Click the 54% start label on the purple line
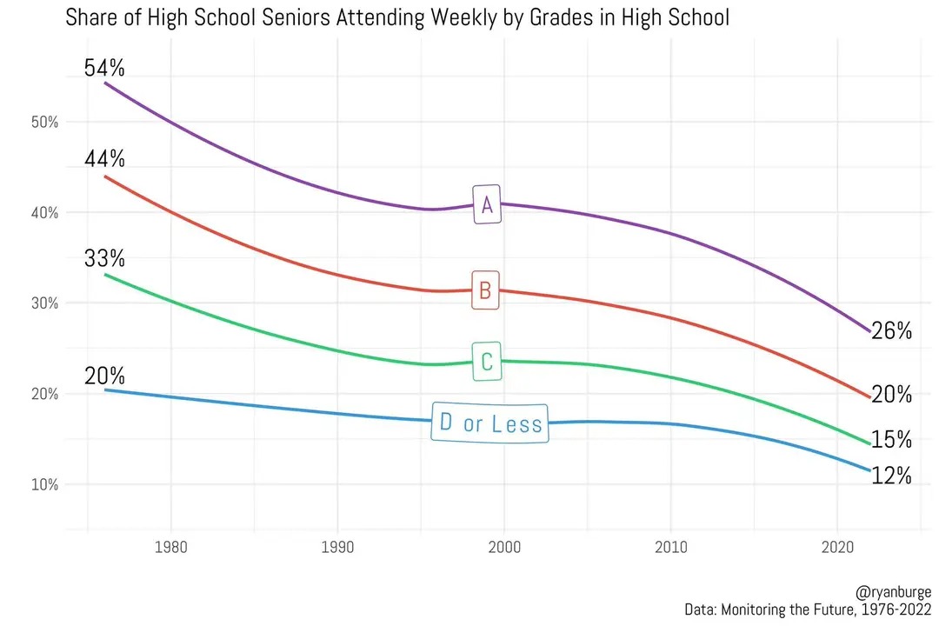click(x=104, y=67)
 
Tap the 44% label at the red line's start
click(x=104, y=159)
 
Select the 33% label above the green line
click(x=104, y=258)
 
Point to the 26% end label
click(x=891, y=331)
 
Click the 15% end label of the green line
click(x=891, y=440)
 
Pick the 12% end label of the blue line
click(x=891, y=476)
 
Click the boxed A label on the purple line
click(x=487, y=205)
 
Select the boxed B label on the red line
click(x=485, y=290)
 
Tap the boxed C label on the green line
click(x=486, y=362)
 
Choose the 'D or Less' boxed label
click(x=490, y=423)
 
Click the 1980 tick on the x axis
click(x=170, y=549)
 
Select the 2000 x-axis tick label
click(x=503, y=549)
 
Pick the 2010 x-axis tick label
click(x=670, y=549)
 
